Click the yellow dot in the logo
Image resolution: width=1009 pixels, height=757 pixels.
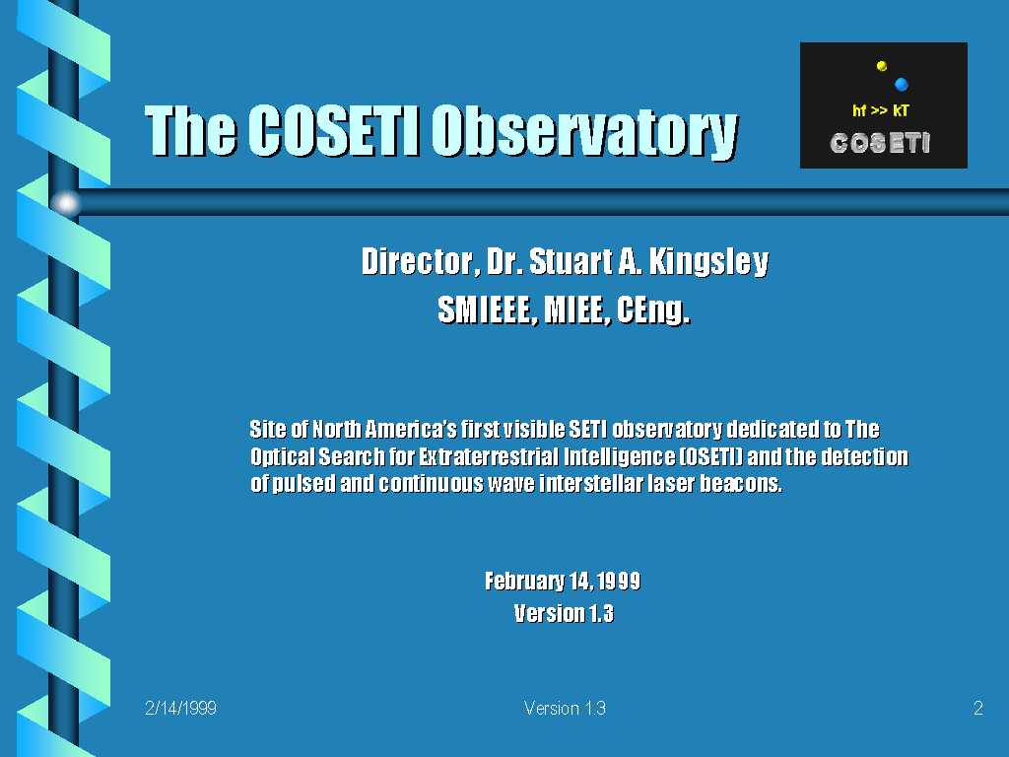click(x=882, y=66)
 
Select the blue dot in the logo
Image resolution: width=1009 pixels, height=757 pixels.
click(x=901, y=84)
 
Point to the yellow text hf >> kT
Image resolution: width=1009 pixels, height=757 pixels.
click(x=880, y=110)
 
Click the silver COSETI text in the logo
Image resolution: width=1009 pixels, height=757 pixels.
click(x=880, y=143)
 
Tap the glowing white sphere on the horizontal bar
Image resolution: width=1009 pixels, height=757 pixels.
click(x=66, y=203)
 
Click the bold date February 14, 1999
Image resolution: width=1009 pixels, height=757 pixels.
click(x=563, y=582)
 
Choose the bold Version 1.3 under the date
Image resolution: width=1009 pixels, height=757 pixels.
click(x=564, y=613)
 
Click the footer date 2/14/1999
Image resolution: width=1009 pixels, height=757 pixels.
click(x=181, y=708)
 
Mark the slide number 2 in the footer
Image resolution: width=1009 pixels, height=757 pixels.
click(x=978, y=708)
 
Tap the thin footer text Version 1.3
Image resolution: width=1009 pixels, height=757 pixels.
click(x=565, y=708)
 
